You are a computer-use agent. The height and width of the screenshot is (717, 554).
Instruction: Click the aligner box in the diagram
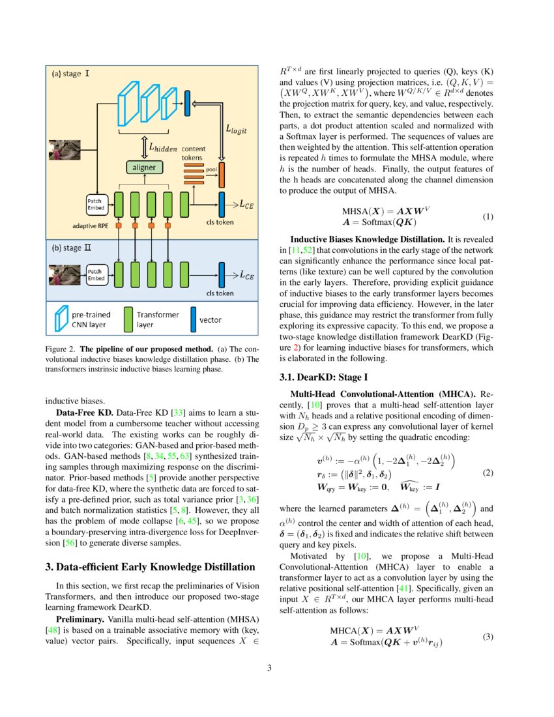(144, 168)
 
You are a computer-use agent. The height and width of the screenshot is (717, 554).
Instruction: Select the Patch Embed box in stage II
(96, 274)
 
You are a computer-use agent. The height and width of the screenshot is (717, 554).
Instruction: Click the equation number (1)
(487, 216)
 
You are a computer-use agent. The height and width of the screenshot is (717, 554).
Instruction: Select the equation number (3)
(487, 637)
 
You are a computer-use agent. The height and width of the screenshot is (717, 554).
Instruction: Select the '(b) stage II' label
(72, 248)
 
